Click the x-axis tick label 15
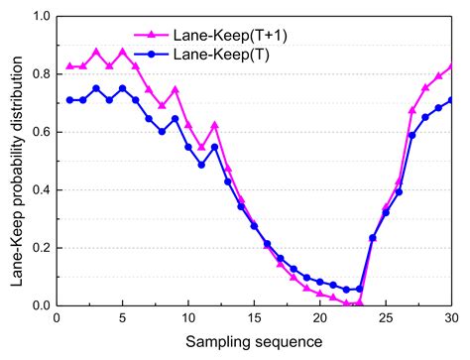(x=254, y=317)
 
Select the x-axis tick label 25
(x=386, y=317)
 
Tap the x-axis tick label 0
(x=57, y=317)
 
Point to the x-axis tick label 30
(x=452, y=317)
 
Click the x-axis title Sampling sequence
(x=254, y=341)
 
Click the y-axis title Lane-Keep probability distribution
(x=16, y=161)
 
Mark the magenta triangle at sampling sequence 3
(x=96, y=52)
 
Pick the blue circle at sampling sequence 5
(x=123, y=88)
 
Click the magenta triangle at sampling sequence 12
(x=214, y=125)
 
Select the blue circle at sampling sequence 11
(x=201, y=165)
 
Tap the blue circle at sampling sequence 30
(x=452, y=100)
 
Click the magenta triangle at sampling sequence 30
(x=452, y=66)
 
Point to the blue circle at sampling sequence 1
(x=69, y=100)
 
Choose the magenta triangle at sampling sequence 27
(x=412, y=111)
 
